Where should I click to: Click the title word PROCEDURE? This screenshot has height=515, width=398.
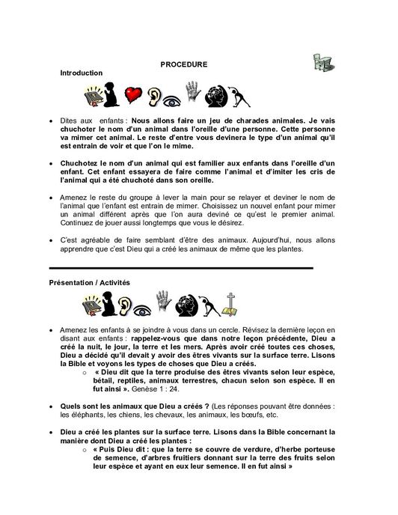tap(183, 65)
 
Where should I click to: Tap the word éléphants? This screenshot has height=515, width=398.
tap(85, 412)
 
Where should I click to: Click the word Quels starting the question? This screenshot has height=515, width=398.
tap(70, 405)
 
